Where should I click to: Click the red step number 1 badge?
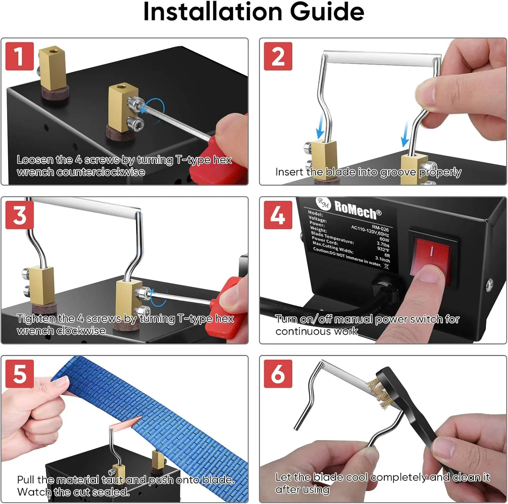20,56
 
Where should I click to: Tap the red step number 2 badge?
278,56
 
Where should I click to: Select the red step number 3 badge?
20,215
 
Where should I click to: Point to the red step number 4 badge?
278,215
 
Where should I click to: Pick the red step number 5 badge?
20,374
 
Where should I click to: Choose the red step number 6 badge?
278,374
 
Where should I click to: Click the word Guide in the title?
327,12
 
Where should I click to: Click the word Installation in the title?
213,12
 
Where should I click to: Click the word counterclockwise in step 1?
101,172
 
